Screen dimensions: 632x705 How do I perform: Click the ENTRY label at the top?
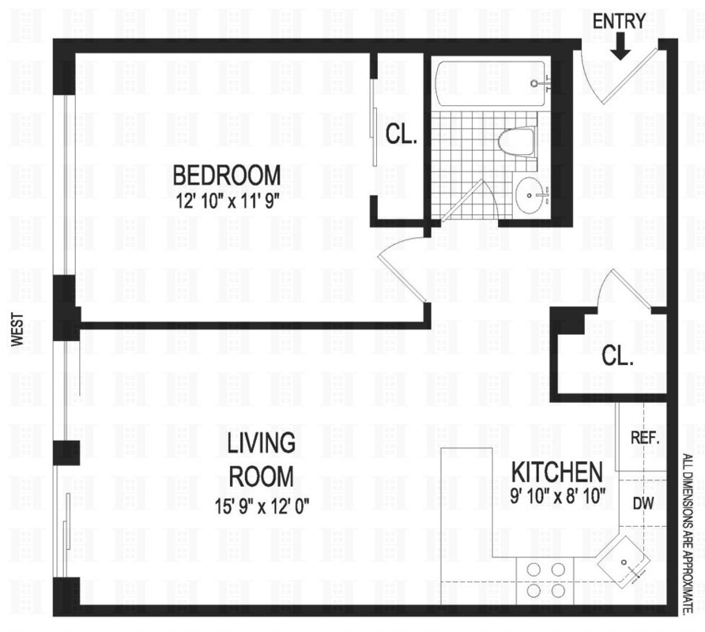point(620,21)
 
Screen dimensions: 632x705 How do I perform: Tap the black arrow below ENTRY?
point(620,48)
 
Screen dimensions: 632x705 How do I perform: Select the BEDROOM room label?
point(227,173)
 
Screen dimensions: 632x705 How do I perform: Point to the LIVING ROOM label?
point(261,459)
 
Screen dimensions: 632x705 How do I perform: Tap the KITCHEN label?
point(558,472)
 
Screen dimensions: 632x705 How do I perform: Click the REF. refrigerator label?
point(643,437)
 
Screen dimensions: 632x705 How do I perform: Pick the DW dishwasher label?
point(643,502)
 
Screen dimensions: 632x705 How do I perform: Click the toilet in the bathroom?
point(518,142)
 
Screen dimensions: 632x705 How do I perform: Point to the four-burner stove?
point(545,579)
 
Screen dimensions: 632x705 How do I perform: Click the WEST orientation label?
point(17,329)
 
